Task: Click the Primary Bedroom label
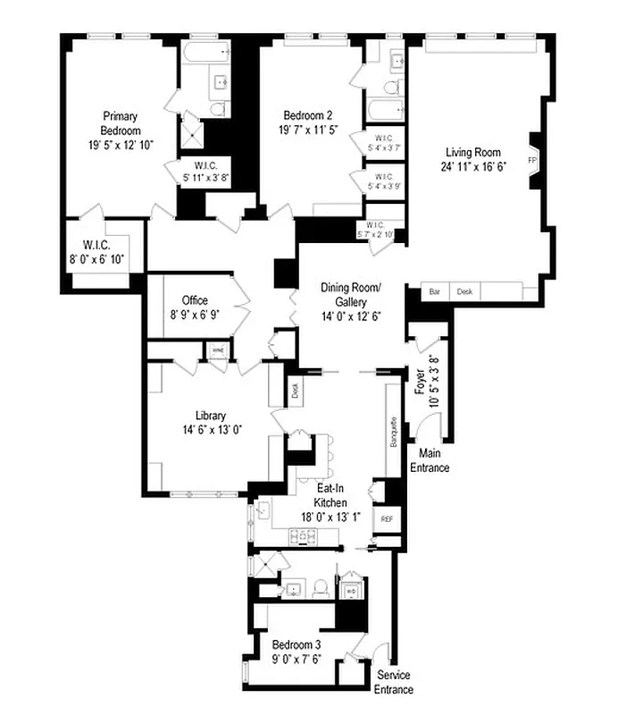click(x=118, y=122)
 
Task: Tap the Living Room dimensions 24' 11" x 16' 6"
click(x=473, y=166)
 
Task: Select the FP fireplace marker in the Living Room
click(x=531, y=161)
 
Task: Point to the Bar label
click(x=435, y=291)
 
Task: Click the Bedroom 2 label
click(x=308, y=115)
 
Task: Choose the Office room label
click(x=195, y=300)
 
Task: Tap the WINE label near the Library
click(x=218, y=350)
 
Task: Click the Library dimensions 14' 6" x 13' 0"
click(x=212, y=429)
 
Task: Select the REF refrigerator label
click(x=387, y=518)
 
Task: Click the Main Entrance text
click(x=429, y=461)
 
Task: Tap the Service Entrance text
click(x=394, y=682)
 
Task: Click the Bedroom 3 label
click(x=296, y=644)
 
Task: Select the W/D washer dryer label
click(x=352, y=590)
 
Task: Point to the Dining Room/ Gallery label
click(x=351, y=295)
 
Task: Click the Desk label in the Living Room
click(x=464, y=291)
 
